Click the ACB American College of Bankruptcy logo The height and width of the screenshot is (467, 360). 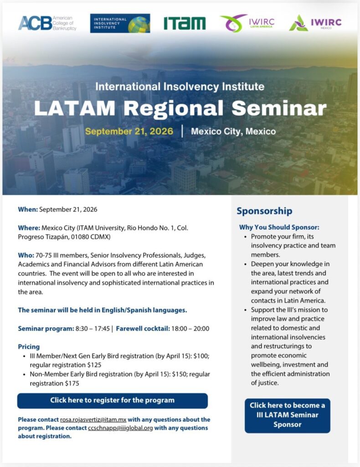pyautogui.click(x=47, y=23)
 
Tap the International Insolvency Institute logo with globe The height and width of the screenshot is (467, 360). pyautogui.click(x=120, y=23)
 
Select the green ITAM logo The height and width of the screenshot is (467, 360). pyautogui.click(x=185, y=23)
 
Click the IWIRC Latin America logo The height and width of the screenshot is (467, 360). pyautogui.click(x=247, y=23)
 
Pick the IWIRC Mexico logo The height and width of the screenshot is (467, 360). pyautogui.click(x=315, y=23)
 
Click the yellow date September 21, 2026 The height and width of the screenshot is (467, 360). pyautogui.click(x=129, y=131)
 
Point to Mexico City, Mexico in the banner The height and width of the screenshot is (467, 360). pyautogui.click(x=233, y=131)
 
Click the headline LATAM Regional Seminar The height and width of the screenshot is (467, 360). pyautogui.click(x=180, y=108)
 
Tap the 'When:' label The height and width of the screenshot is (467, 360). pyautogui.click(x=28, y=209)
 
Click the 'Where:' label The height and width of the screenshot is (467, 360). pyautogui.click(x=29, y=228)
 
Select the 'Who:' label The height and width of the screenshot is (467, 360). pyautogui.click(x=26, y=255)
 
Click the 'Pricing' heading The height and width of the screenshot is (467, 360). pyautogui.click(x=29, y=347)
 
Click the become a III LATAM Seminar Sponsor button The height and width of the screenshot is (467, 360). pyautogui.click(x=288, y=415)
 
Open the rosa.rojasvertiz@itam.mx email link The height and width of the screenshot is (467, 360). pyautogui.click(x=93, y=420)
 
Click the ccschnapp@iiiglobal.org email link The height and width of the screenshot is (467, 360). pyautogui.click(x=120, y=428)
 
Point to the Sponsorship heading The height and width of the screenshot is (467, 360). pyautogui.click(x=264, y=211)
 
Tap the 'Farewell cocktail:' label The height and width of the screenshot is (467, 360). pyautogui.click(x=143, y=328)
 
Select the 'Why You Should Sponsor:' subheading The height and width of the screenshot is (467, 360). pyautogui.click(x=279, y=227)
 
